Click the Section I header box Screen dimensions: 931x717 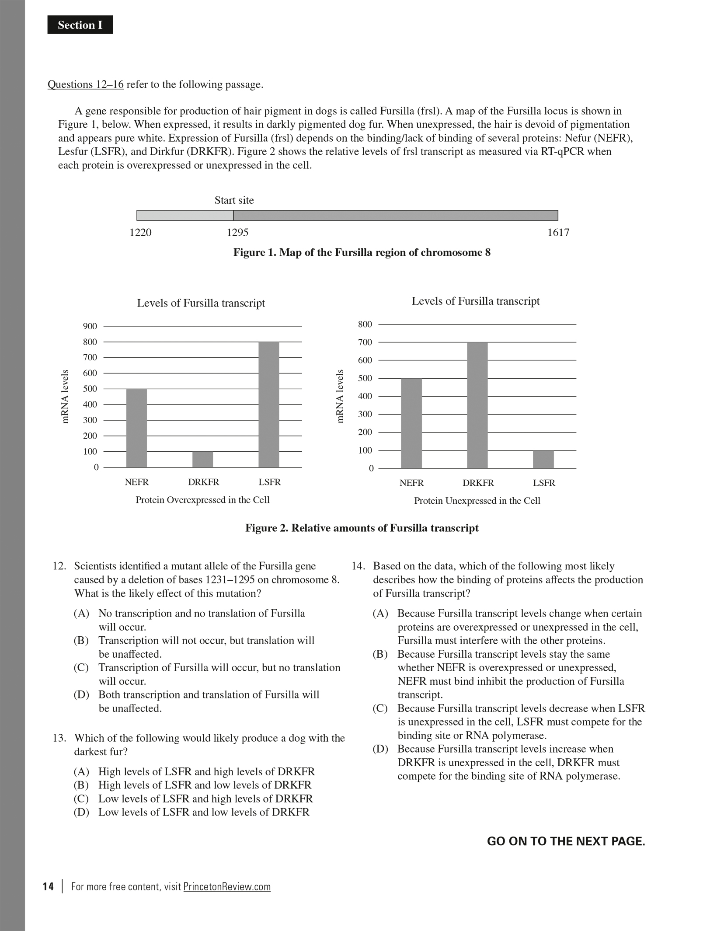click(x=80, y=25)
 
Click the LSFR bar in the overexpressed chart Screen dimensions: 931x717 click(x=269, y=404)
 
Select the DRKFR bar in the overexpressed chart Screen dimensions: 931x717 click(x=203, y=459)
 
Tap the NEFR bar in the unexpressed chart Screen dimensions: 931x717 click(x=411, y=423)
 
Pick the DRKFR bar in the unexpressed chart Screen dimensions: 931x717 click(x=477, y=405)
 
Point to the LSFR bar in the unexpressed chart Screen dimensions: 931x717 click(x=543, y=459)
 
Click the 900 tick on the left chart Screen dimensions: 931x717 click(x=90, y=326)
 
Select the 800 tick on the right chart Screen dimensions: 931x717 click(x=365, y=324)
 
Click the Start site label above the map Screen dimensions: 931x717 click(x=234, y=200)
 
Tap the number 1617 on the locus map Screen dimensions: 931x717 click(x=558, y=233)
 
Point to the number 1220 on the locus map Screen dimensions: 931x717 click(x=141, y=233)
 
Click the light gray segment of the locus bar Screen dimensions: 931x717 click(x=185, y=215)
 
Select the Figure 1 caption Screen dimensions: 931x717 click(x=362, y=253)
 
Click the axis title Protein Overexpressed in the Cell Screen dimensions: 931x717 click(x=202, y=500)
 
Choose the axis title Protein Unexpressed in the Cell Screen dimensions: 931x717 click(x=477, y=501)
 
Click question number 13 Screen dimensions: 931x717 click(x=59, y=738)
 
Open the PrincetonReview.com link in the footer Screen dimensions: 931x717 click(x=227, y=886)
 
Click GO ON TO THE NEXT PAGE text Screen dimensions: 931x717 click(x=566, y=841)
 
